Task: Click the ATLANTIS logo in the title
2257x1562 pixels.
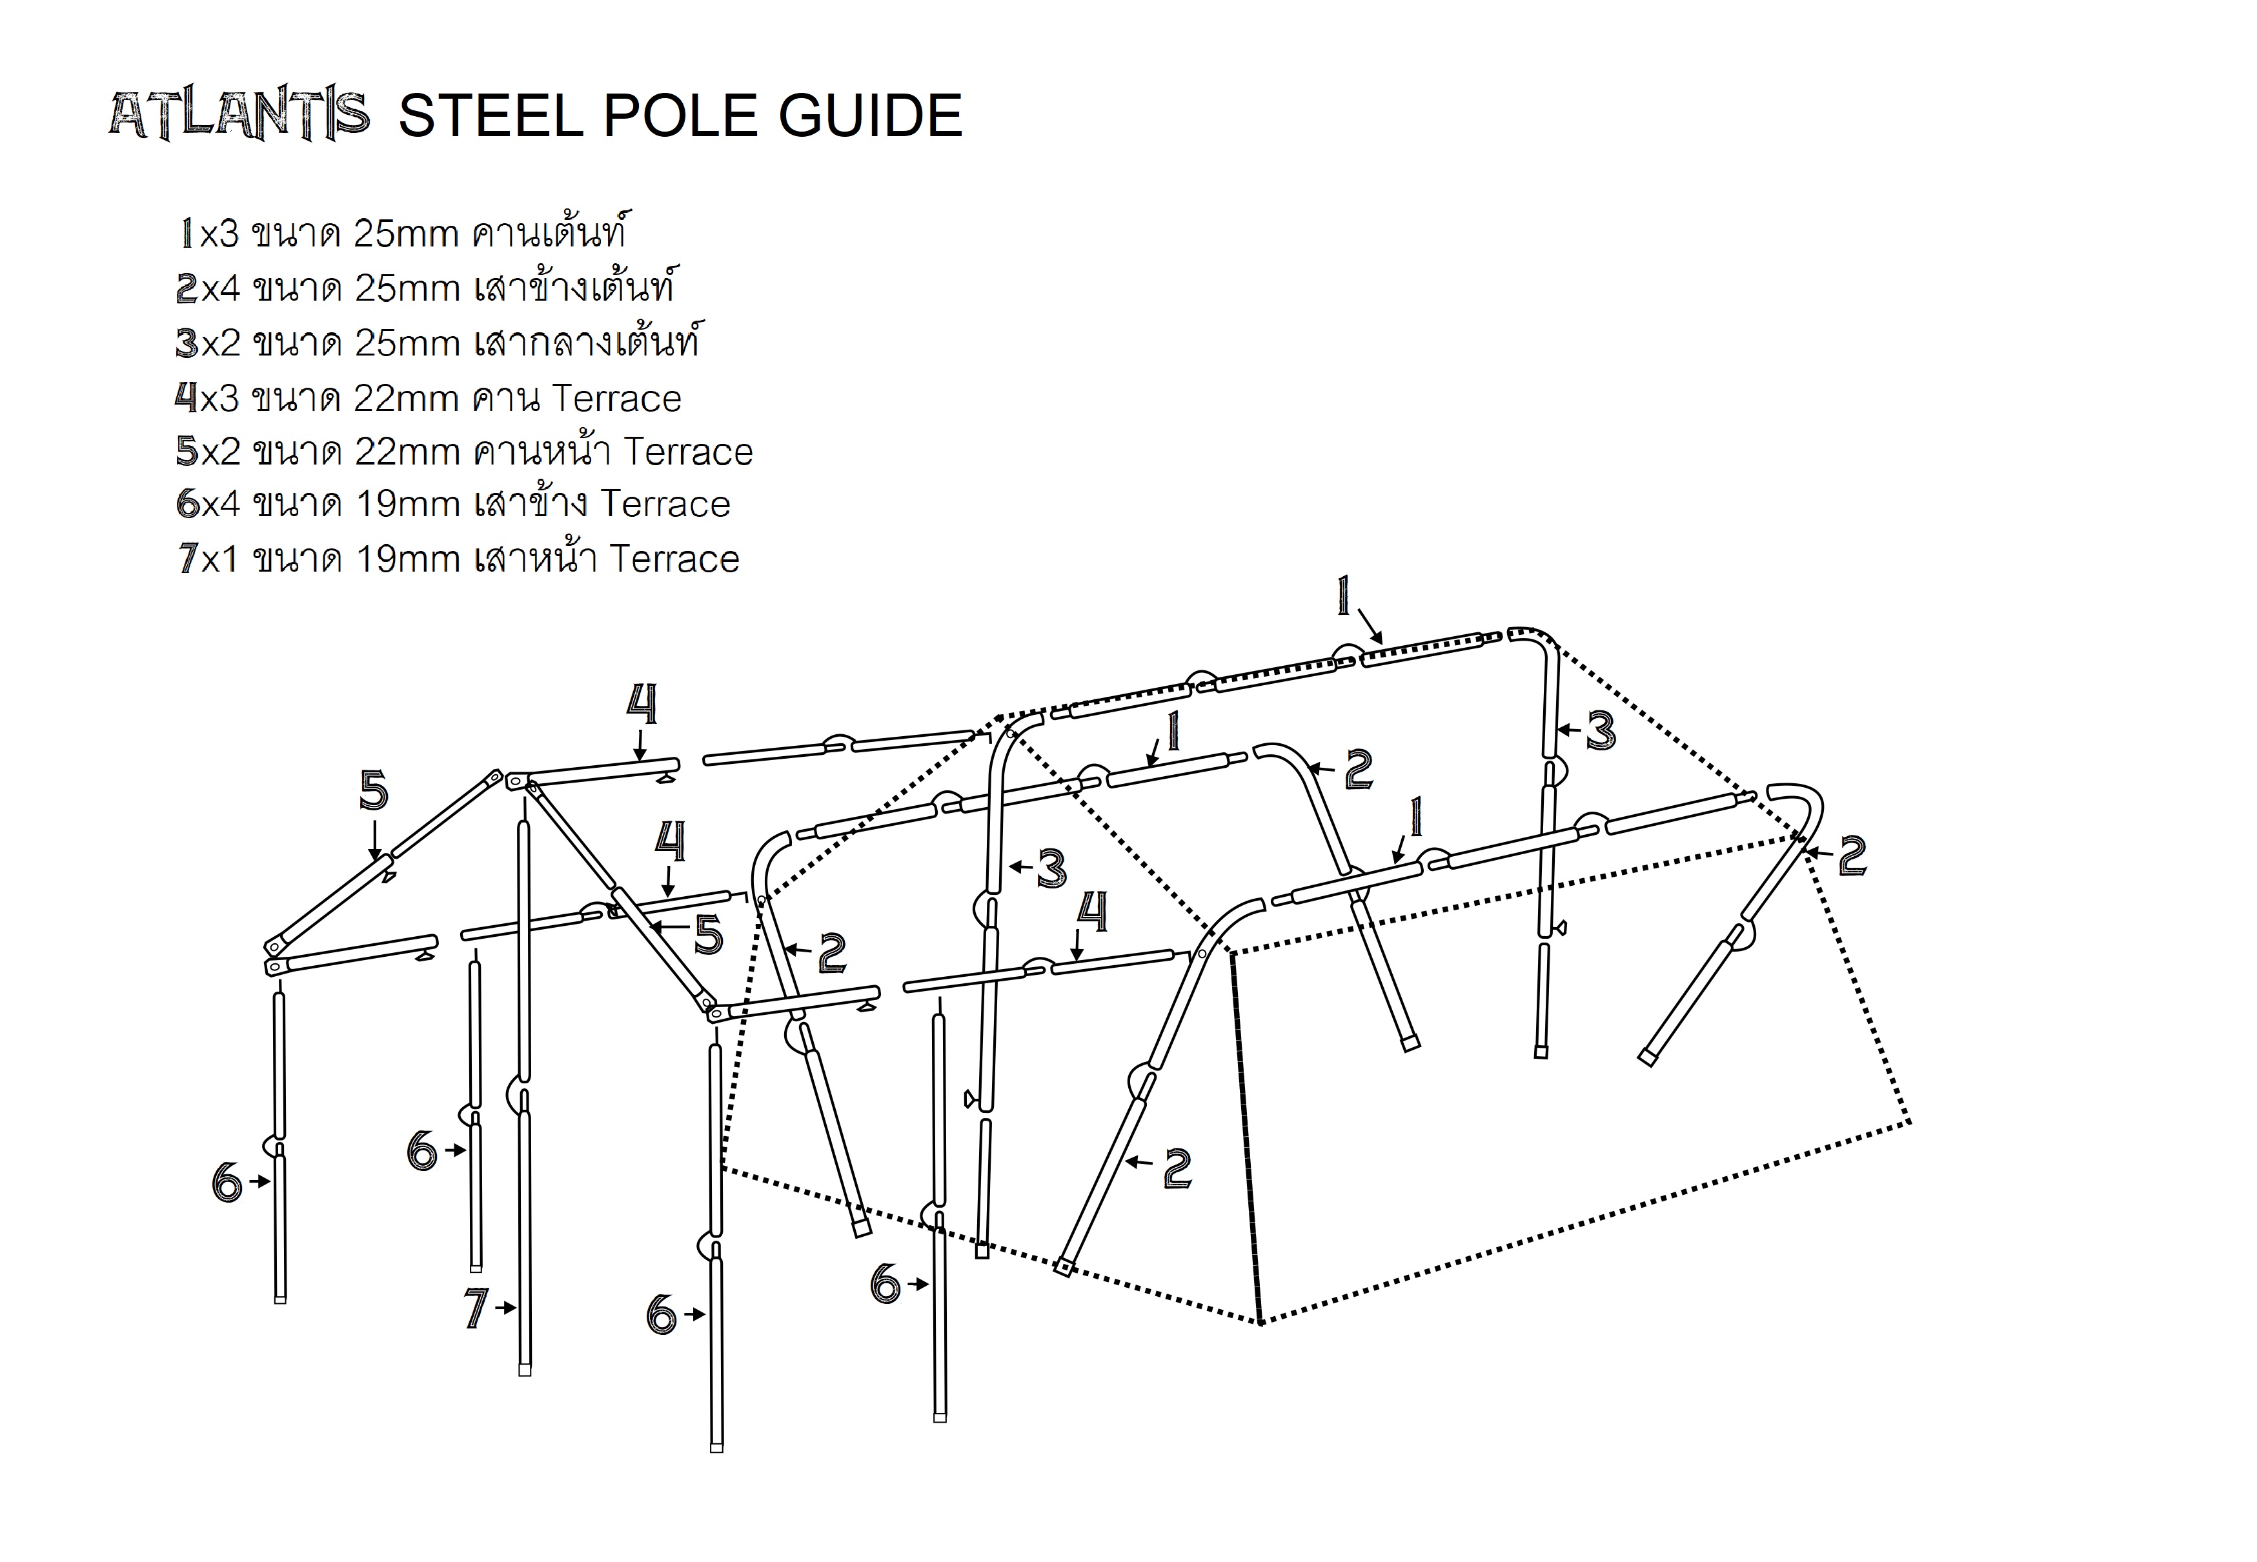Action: [239, 115]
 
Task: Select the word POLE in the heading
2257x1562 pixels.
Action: [679, 115]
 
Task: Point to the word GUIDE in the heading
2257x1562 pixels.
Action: [870, 115]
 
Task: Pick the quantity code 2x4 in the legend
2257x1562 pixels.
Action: [207, 288]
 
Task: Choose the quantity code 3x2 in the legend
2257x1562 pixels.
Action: [207, 343]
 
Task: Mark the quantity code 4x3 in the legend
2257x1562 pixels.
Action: [207, 398]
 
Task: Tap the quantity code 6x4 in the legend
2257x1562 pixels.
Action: [207, 504]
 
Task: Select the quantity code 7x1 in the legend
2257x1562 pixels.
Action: [207, 559]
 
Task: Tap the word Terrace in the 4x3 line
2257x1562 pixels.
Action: [616, 398]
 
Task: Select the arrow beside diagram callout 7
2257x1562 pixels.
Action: [505, 1308]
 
